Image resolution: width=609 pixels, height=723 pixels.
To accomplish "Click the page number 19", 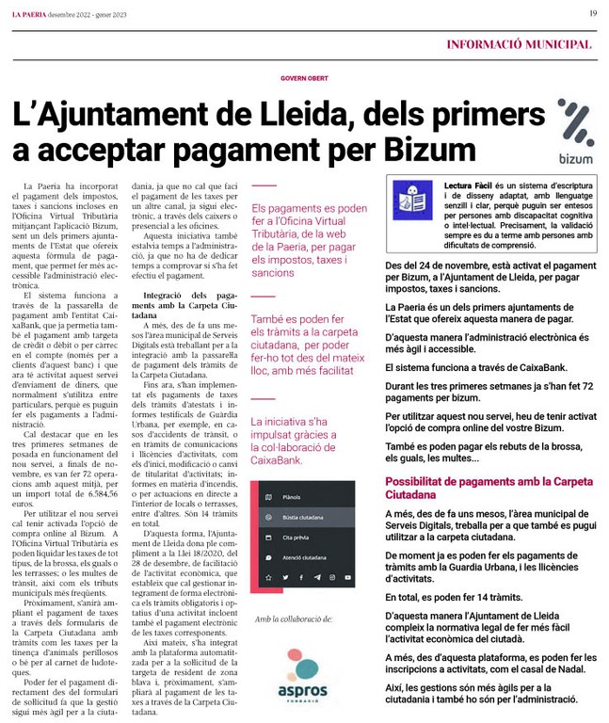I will pos(593,13).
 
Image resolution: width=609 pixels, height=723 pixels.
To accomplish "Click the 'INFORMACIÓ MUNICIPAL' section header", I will pos(519,43).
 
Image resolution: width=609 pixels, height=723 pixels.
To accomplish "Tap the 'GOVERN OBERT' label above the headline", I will pos(304,78).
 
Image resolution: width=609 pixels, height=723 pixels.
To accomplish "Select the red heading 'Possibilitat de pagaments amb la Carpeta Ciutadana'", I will pos(489,488).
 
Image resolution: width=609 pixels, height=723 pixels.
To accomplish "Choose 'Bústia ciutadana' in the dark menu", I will pos(303,517).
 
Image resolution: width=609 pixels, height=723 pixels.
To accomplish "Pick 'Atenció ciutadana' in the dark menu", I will pos(304,557).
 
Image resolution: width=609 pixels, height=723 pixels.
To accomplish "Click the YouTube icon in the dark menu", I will pos(348,577).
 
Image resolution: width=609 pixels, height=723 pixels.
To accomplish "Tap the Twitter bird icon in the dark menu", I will pos(286,577).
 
